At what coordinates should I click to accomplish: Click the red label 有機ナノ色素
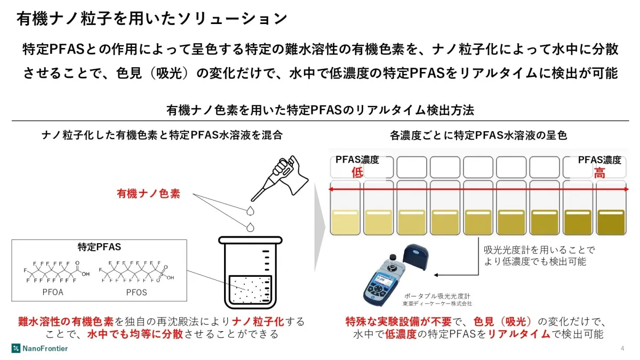pos(148,194)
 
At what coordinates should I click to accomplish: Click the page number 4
pos(622,348)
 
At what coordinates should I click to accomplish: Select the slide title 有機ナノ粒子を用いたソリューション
pos(153,19)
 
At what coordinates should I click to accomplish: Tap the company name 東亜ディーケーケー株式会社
pos(437,303)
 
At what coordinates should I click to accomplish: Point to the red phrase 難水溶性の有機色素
pos(65,322)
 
